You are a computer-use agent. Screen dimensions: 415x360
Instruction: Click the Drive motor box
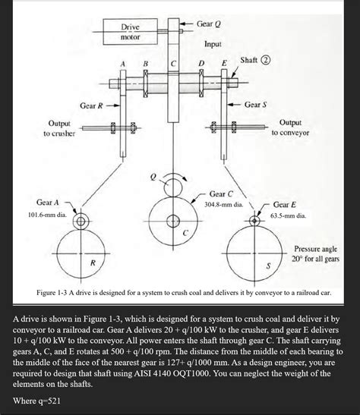[131, 32]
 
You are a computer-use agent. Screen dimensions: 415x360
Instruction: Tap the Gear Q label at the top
[209, 24]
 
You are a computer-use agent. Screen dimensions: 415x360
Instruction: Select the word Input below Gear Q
[213, 45]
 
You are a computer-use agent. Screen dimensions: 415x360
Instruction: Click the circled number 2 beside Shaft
[267, 60]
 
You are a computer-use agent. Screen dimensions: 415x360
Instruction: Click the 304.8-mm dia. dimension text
[224, 204]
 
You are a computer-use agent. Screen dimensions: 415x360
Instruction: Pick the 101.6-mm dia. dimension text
[47, 215]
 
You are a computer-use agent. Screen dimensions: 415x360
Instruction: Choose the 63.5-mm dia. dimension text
[288, 215]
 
